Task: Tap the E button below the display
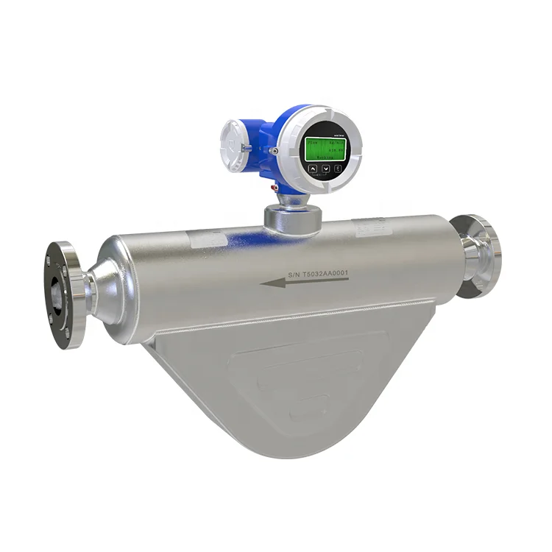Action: coord(337,169)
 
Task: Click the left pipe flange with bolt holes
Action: coord(63,293)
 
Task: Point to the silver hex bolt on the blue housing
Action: coord(274,151)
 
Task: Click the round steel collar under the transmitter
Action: coord(293,218)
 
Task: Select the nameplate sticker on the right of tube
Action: coord(373,228)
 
